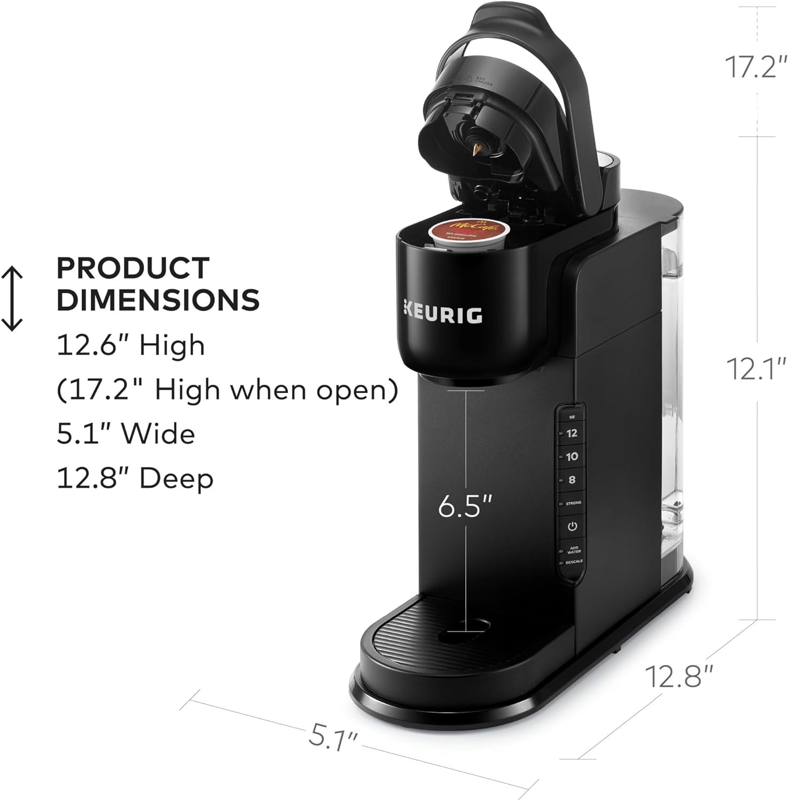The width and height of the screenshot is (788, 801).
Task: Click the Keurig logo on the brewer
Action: (442, 315)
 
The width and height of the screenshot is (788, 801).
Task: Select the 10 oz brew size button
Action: (572, 457)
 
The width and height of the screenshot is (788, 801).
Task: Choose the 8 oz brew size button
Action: (572, 480)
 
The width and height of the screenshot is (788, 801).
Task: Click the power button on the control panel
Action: (572, 526)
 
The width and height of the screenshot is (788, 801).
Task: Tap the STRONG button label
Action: (573, 503)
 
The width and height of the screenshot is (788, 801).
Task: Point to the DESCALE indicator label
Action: (574, 562)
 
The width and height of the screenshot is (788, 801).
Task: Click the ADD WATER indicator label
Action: (574, 549)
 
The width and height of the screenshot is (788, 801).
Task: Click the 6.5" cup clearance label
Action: (464, 506)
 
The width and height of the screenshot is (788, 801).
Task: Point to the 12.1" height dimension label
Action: (755, 368)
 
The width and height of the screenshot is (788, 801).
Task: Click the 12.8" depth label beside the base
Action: (679, 677)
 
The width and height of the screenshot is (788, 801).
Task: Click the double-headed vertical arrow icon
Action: (12, 299)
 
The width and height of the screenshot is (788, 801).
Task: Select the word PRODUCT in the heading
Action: (133, 268)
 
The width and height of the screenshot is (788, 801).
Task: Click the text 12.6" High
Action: (131, 345)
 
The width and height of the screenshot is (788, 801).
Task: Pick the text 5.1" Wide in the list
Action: (126, 434)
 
